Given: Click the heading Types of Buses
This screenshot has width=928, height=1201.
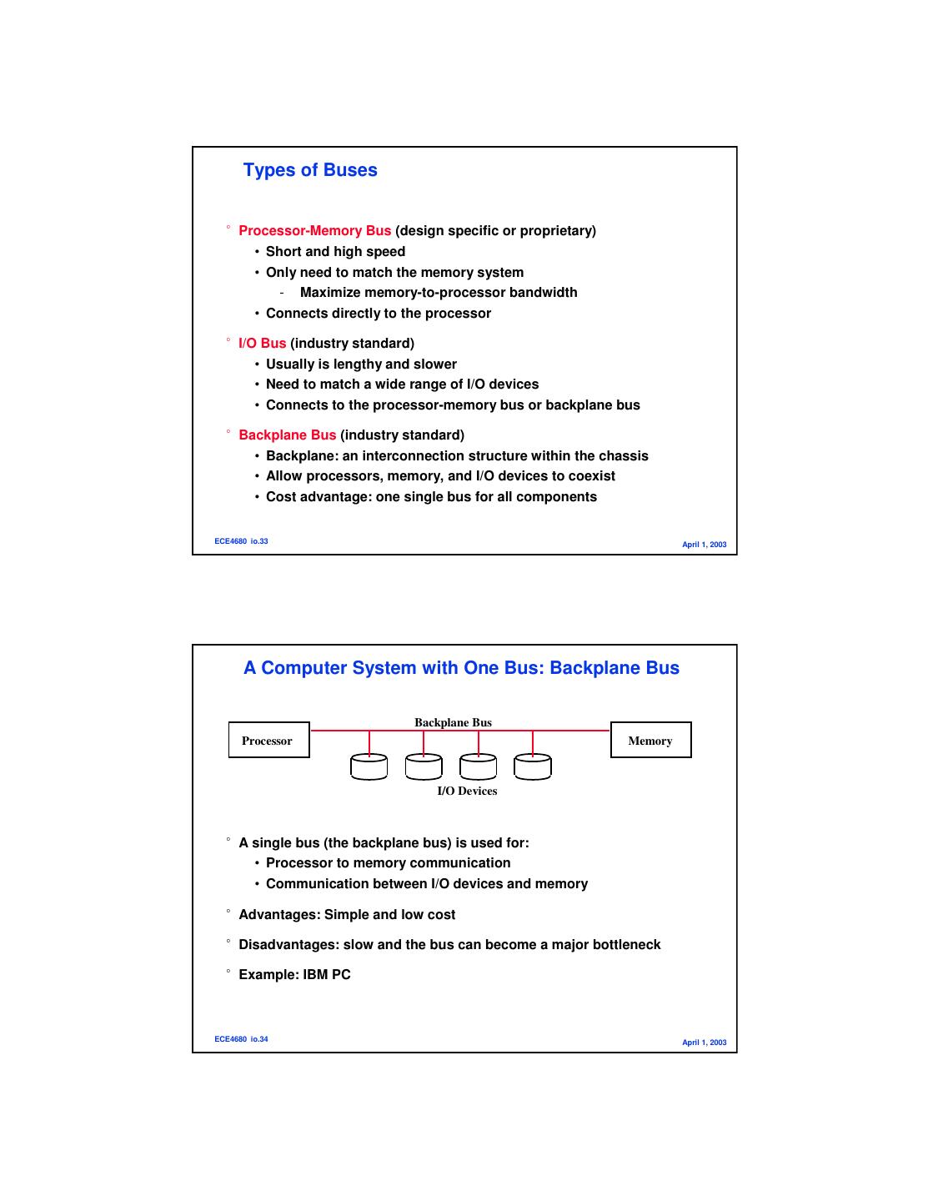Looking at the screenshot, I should tap(310, 170).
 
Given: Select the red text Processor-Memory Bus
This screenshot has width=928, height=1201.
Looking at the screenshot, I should tap(314, 231).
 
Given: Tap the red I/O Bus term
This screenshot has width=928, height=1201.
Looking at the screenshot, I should tap(262, 344).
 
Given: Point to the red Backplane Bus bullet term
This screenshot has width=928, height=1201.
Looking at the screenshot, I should tap(287, 435).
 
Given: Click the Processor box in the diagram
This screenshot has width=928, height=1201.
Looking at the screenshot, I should tap(268, 741).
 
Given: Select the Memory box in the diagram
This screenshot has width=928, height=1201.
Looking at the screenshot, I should tap(650, 741).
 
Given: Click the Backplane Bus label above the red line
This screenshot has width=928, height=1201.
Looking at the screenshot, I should tap(453, 722).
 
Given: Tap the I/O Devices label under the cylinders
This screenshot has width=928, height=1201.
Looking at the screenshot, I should tap(467, 791).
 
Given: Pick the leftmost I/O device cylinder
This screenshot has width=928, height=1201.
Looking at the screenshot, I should tap(369, 766).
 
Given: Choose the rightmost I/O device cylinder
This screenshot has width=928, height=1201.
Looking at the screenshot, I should tap(533, 766).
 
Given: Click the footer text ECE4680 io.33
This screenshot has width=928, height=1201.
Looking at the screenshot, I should tap(241, 541).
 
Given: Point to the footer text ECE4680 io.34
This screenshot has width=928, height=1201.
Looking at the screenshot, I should tap(241, 1039).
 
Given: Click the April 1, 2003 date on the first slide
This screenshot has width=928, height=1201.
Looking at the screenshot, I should tap(704, 545).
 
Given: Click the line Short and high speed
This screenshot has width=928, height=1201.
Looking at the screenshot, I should tap(335, 252).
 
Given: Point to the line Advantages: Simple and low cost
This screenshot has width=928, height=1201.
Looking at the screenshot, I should tap(347, 915).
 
